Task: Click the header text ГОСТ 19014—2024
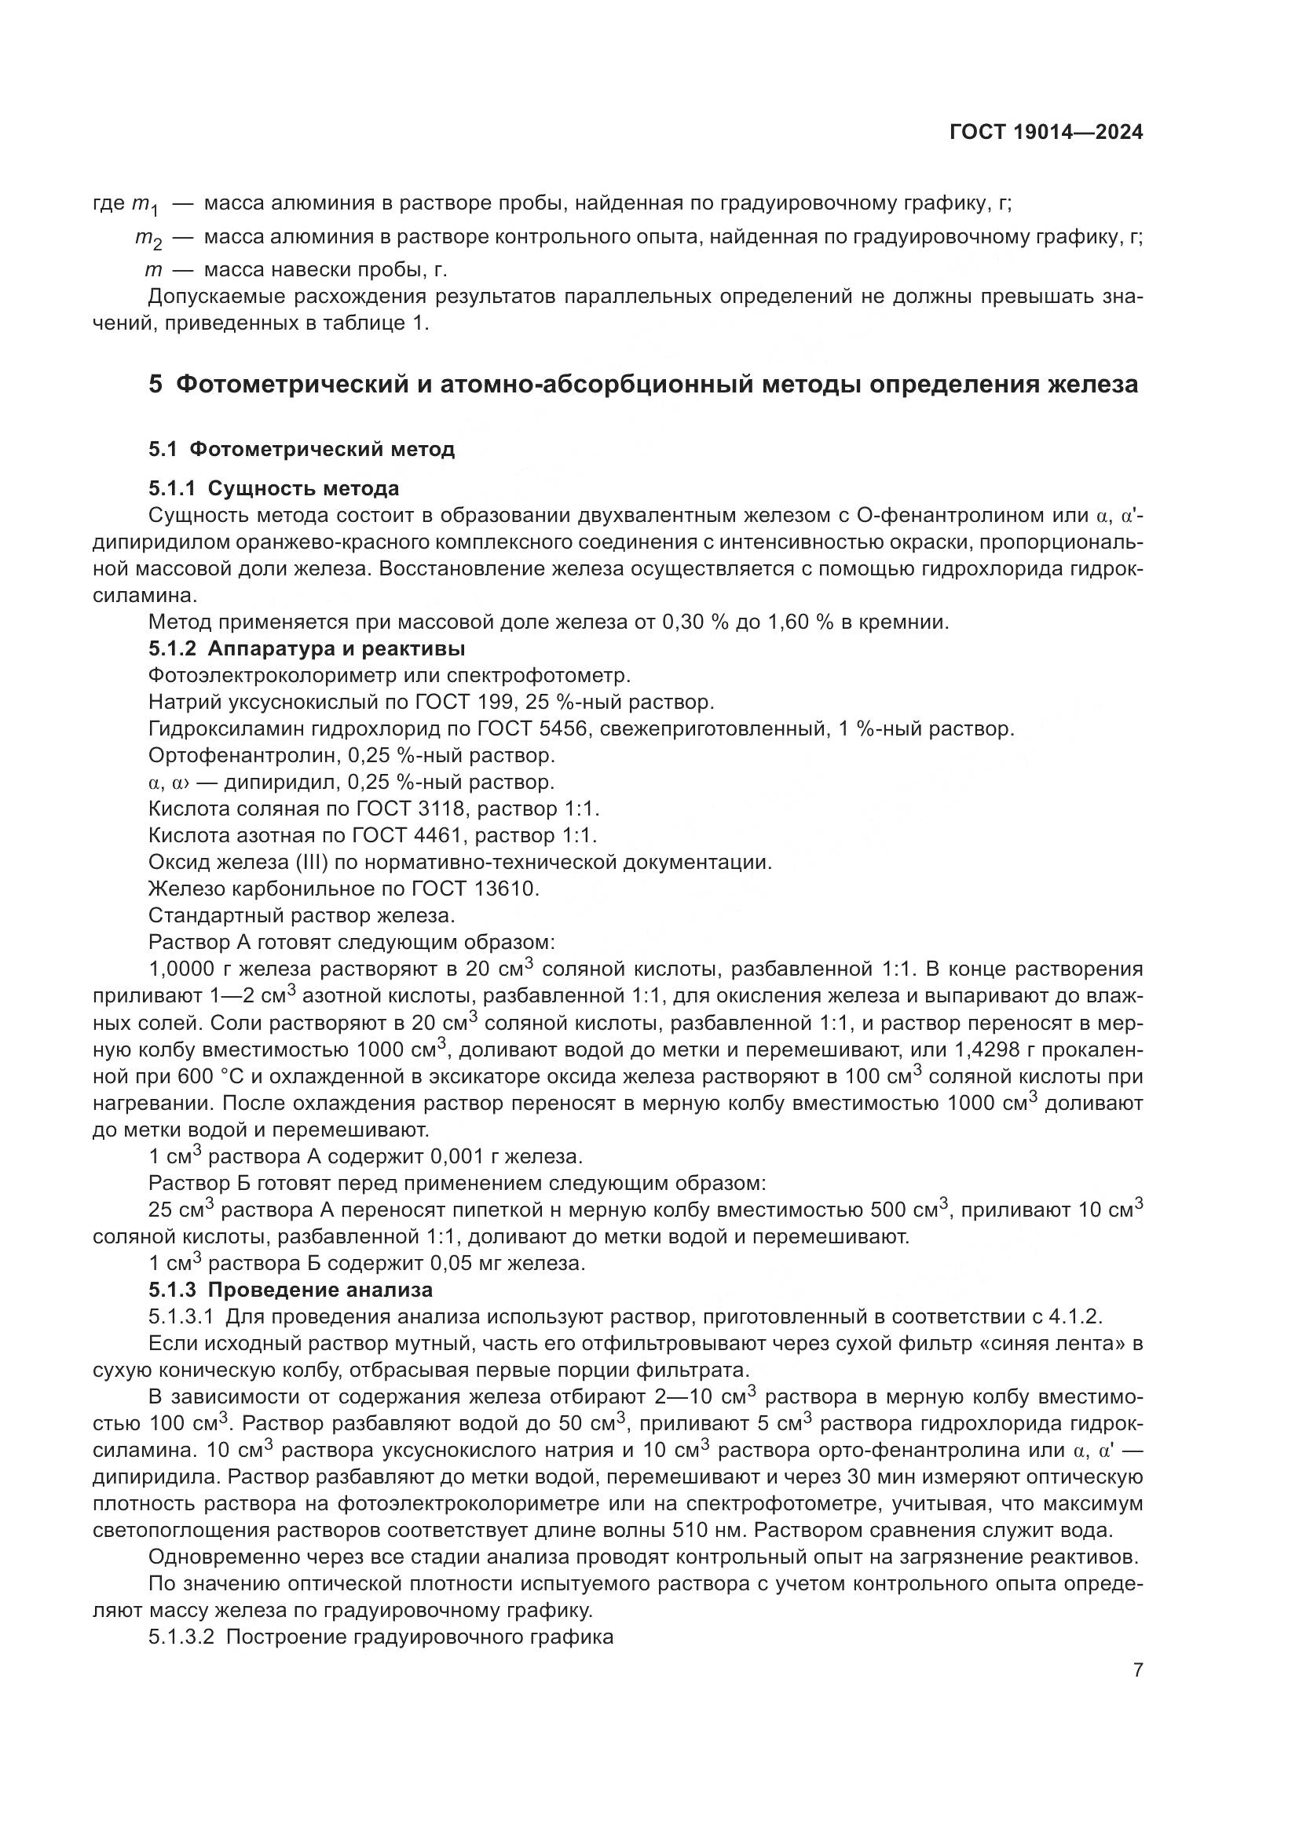[x=1045, y=133]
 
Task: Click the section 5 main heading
[x=643, y=385]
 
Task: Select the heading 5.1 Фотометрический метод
[x=302, y=450]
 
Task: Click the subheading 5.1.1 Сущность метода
[x=273, y=487]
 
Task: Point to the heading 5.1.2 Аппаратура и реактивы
[x=306, y=648]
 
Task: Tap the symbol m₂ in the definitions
[x=148, y=239]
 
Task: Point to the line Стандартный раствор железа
[x=302, y=915]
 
